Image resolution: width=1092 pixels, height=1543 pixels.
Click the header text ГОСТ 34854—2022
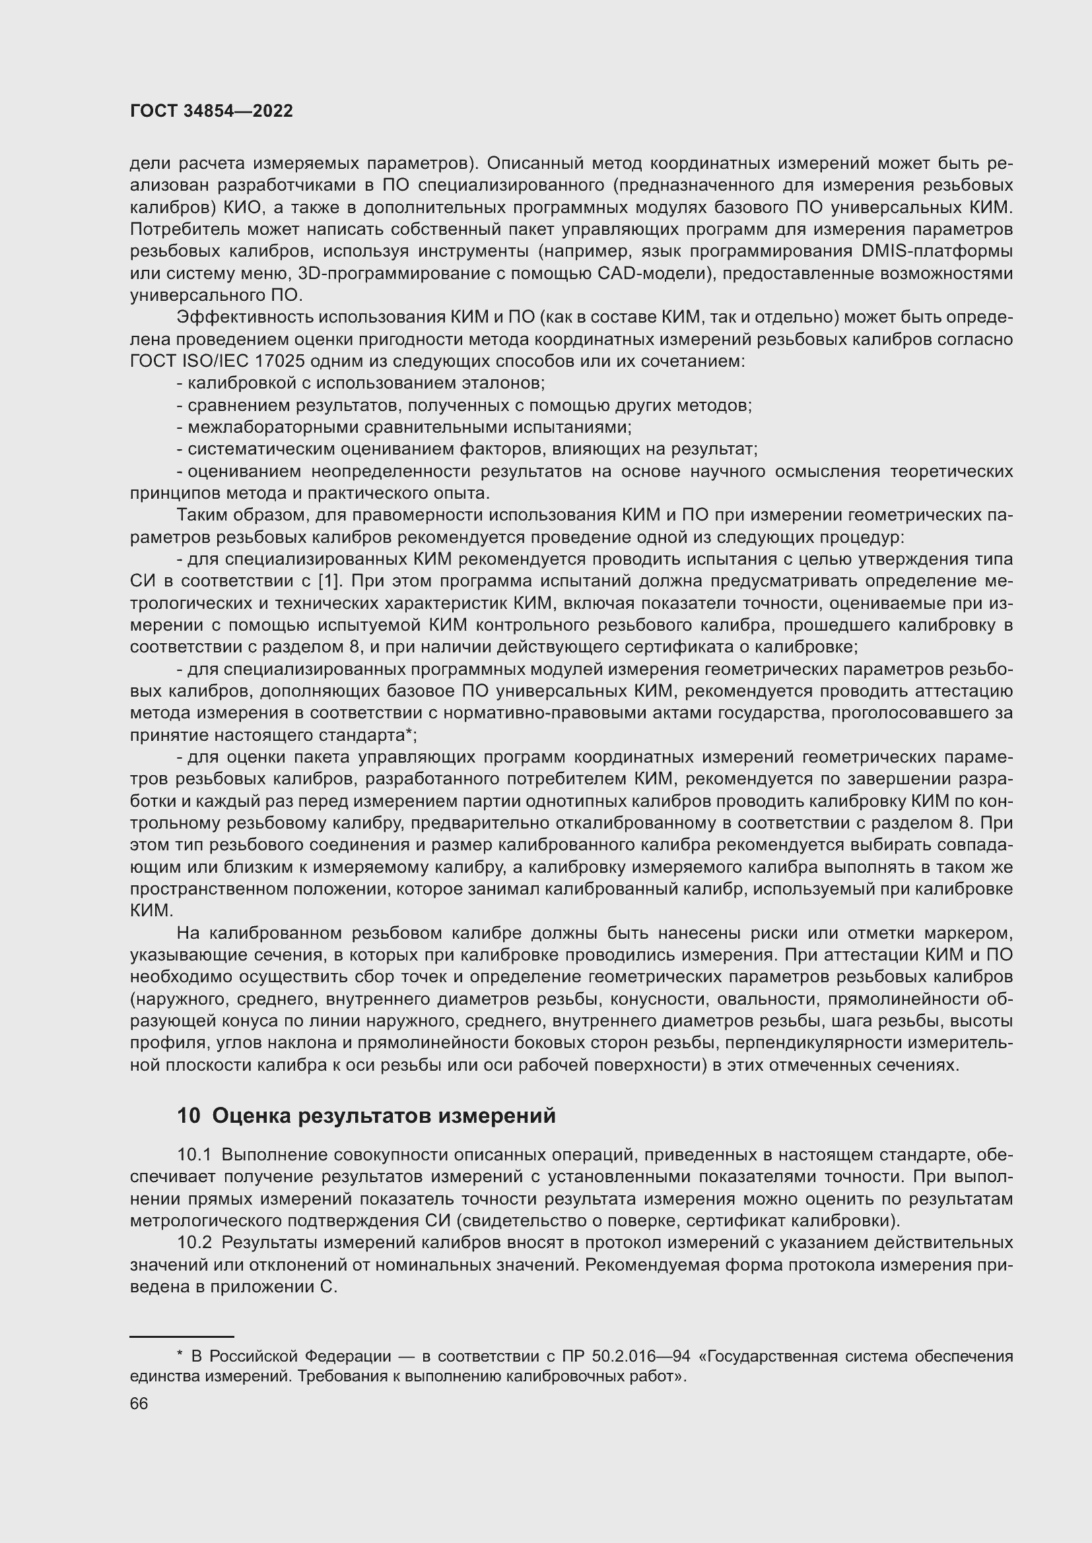tap(211, 111)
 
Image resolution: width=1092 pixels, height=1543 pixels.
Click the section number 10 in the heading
tap(188, 1116)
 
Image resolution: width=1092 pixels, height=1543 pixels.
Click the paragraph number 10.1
tap(193, 1155)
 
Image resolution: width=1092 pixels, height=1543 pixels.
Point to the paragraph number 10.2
tap(193, 1244)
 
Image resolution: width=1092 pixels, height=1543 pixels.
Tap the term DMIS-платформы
tap(936, 251)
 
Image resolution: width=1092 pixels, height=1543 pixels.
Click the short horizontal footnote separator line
tap(181, 1337)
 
